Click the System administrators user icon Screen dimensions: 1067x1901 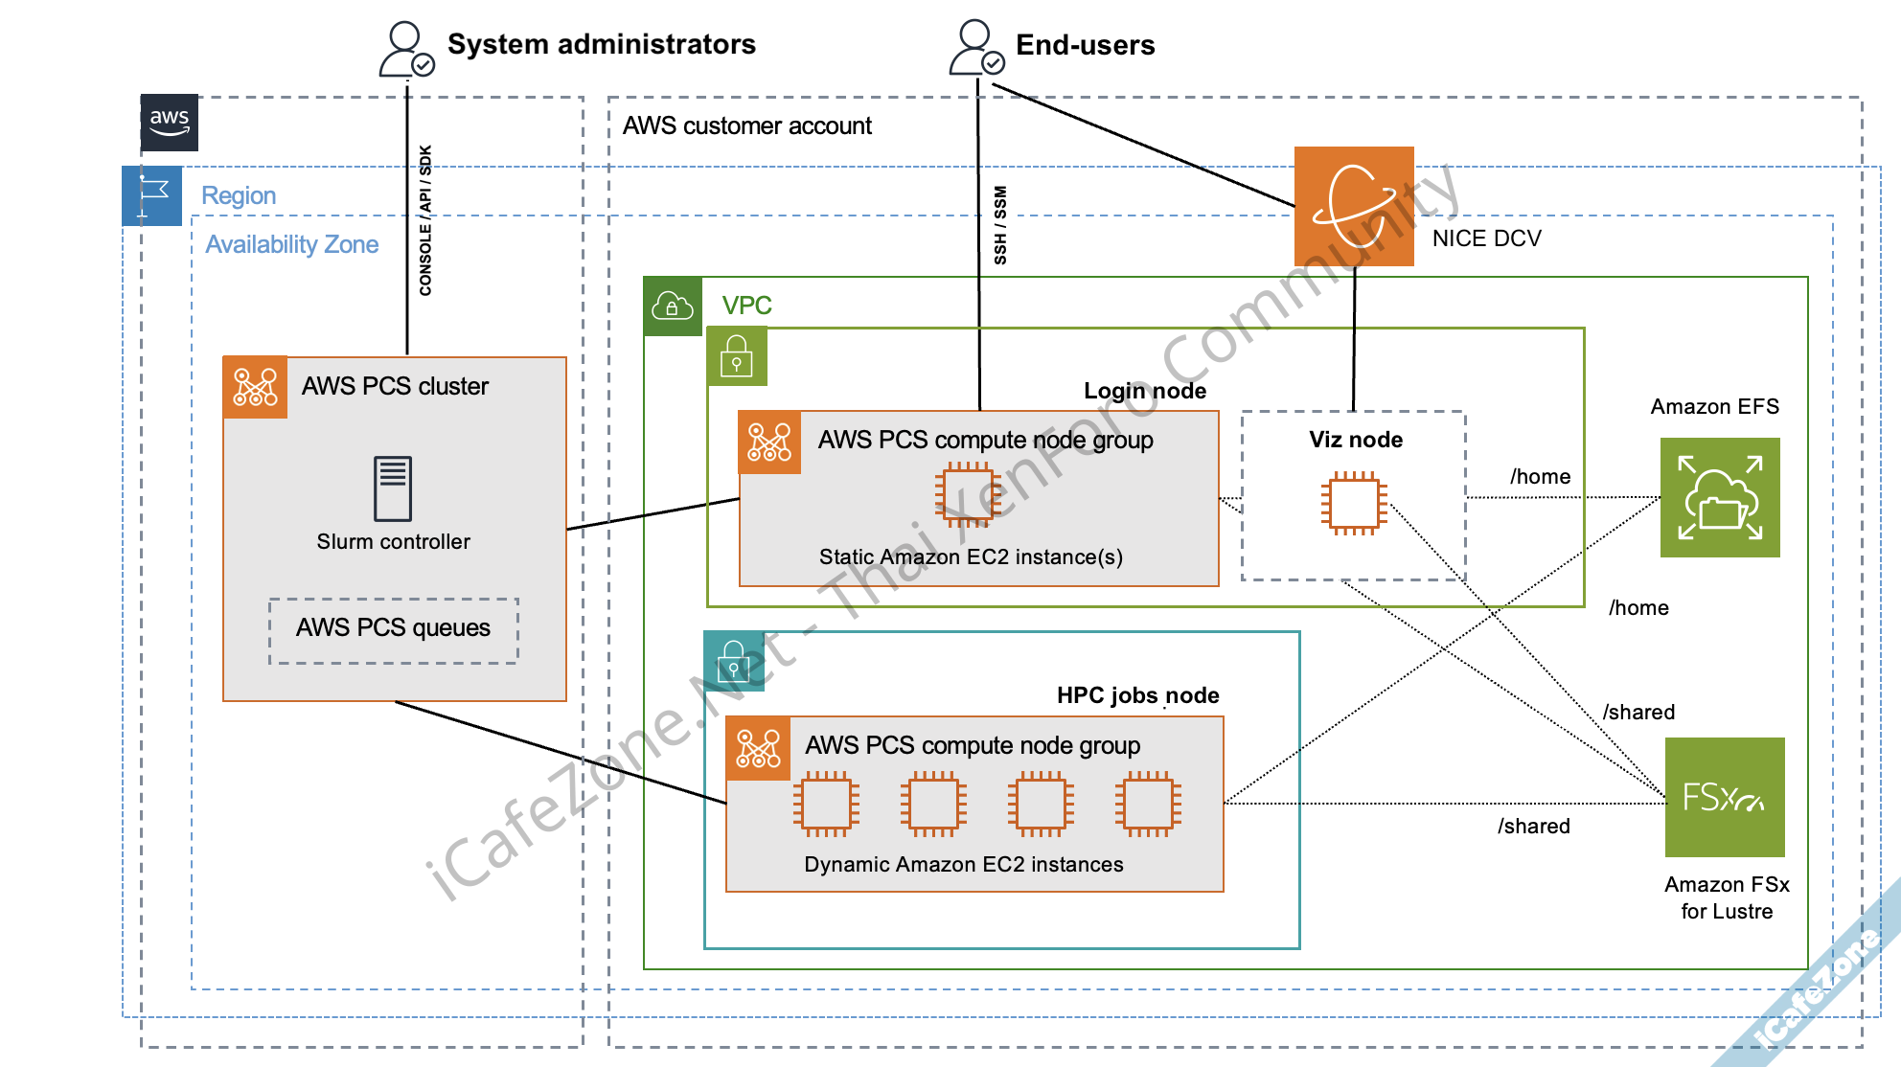pyautogui.click(x=406, y=50)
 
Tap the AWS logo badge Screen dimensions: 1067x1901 pyautogui.click(x=170, y=123)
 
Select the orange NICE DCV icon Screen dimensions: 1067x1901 pyautogui.click(x=1354, y=206)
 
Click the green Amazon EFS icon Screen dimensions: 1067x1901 pyautogui.click(x=1720, y=498)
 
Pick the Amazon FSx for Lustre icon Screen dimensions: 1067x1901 pyautogui.click(x=1725, y=797)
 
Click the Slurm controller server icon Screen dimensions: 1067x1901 pyautogui.click(x=393, y=488)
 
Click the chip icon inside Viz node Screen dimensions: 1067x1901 pyautogui.click(x=1354, y=503)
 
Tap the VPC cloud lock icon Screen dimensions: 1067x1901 pyautogui.click(x=673, y=306)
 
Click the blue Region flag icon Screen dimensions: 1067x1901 pyautogui.click(x=152, y=196)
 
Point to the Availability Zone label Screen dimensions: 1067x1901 pyautogui.click(x=292, y=245)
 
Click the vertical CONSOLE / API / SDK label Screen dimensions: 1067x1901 pyautogui.click(x=425, y=220)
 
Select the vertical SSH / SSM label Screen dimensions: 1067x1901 pyautogui.click(x=1000, y=225)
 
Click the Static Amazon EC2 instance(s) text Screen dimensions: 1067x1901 pyautogui.click(x=971, y=557)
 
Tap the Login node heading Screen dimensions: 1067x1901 pyautogui.click(x=1145, y=391)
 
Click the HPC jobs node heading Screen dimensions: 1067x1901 pyautogui.click(x=1138, y=695)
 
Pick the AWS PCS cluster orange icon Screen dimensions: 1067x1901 pyautogui.click(x=256, y=388)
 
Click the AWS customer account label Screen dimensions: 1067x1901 pyautogui.click(x=747, y=126)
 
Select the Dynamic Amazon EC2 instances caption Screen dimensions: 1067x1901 pyautogui.click(x=964, y=865)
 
